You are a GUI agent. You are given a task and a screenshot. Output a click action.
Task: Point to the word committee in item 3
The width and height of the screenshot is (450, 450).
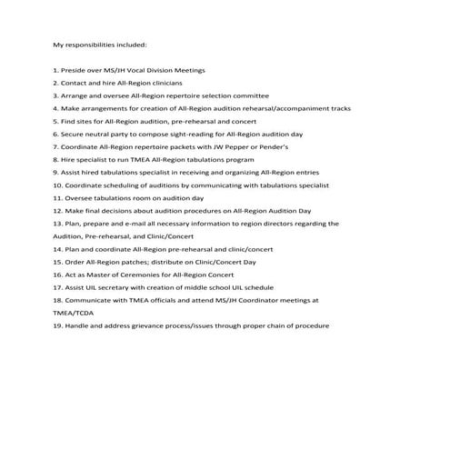tap(248, 95)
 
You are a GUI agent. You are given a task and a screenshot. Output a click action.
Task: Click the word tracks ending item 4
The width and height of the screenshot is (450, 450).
tap(339, 108)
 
